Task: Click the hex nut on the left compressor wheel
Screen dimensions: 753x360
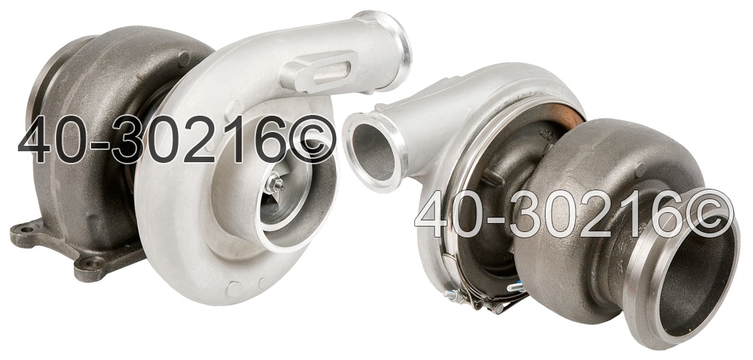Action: point(275,183)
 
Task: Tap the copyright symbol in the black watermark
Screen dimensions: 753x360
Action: point(311,139)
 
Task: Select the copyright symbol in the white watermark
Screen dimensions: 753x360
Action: point(709,214)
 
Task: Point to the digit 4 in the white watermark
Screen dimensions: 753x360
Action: point(433,214)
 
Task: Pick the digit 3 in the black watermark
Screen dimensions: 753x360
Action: point(129,139)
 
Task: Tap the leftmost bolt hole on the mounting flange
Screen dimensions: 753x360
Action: point(23,229)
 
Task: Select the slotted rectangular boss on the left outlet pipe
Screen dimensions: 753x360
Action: point(321,70)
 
